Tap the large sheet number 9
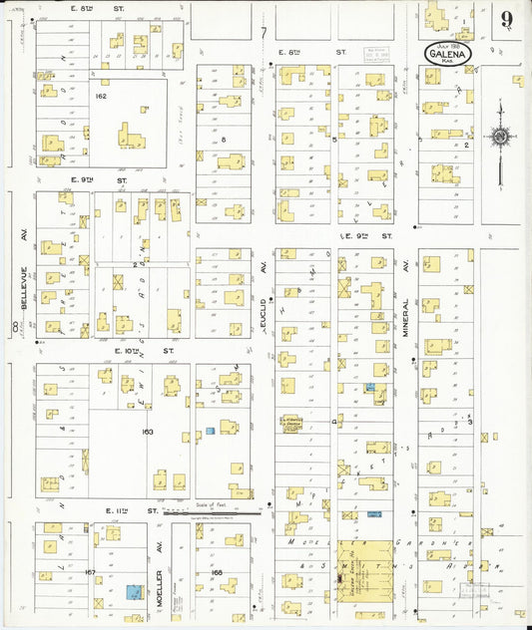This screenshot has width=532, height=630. (508, 19)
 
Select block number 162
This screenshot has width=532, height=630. (101, 97)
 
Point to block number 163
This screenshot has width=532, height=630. (147, 432)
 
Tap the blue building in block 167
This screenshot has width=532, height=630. (132, 591)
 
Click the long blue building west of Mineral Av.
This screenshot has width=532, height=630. (373, 513)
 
